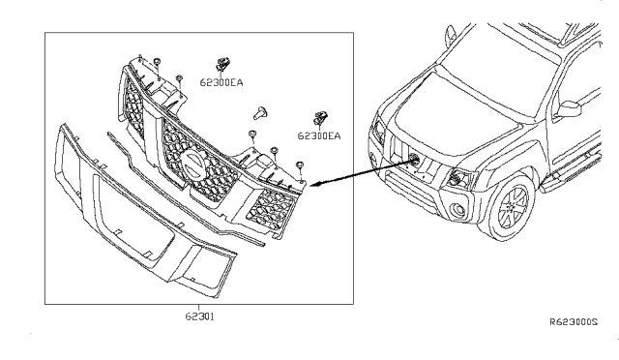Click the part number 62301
200,316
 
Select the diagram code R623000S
574,322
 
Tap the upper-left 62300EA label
221,82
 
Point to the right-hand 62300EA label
319,135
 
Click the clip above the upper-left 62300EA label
223,63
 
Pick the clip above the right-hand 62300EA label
320,117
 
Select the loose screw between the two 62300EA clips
260,112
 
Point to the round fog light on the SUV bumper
458,209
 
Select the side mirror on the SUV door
568,109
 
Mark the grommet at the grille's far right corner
300,164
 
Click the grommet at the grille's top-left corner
157,61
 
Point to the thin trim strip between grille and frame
186,190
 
